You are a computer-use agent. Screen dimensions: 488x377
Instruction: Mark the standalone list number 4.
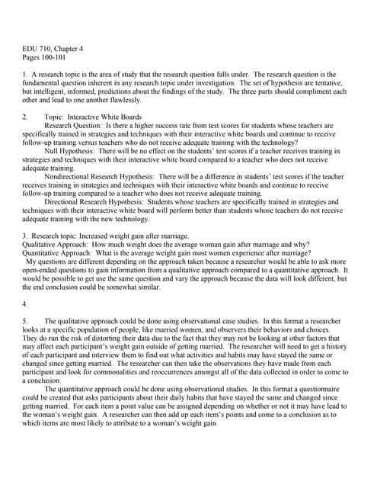pyautogui.click(x=24, y=302)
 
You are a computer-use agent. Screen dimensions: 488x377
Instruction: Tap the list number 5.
pyautogui.click(x=24, y=319)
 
